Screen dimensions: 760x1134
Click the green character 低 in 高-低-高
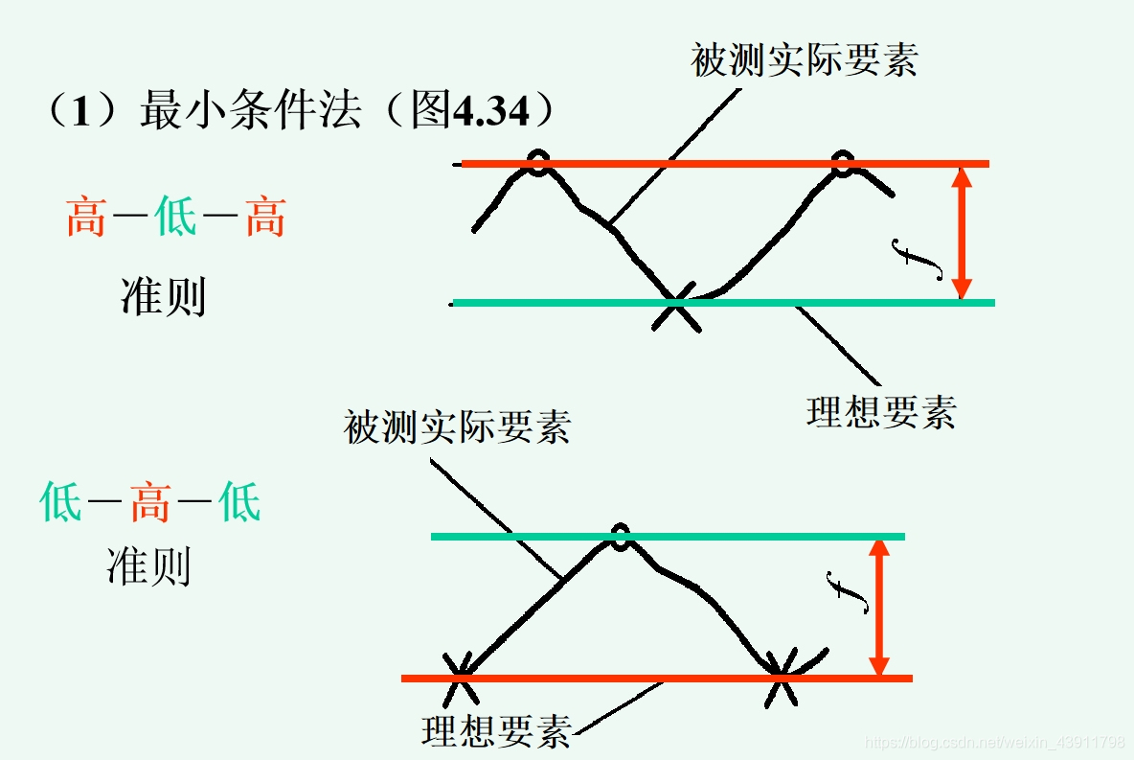(x=175, y=218)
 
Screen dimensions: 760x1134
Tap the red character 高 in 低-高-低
(x=150, y=502)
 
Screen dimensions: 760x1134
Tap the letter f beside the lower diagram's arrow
(x=847, y=592)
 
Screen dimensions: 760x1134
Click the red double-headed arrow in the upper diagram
(x=963, y=233)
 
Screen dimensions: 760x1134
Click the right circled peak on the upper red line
(x=843, y=163)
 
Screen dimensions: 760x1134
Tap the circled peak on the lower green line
(x=621, y=538)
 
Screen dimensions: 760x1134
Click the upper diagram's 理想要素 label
(x=881, y=413)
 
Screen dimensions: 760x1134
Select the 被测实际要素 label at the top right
(x=805, y=59)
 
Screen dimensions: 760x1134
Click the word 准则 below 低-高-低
(x=148, y=567)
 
